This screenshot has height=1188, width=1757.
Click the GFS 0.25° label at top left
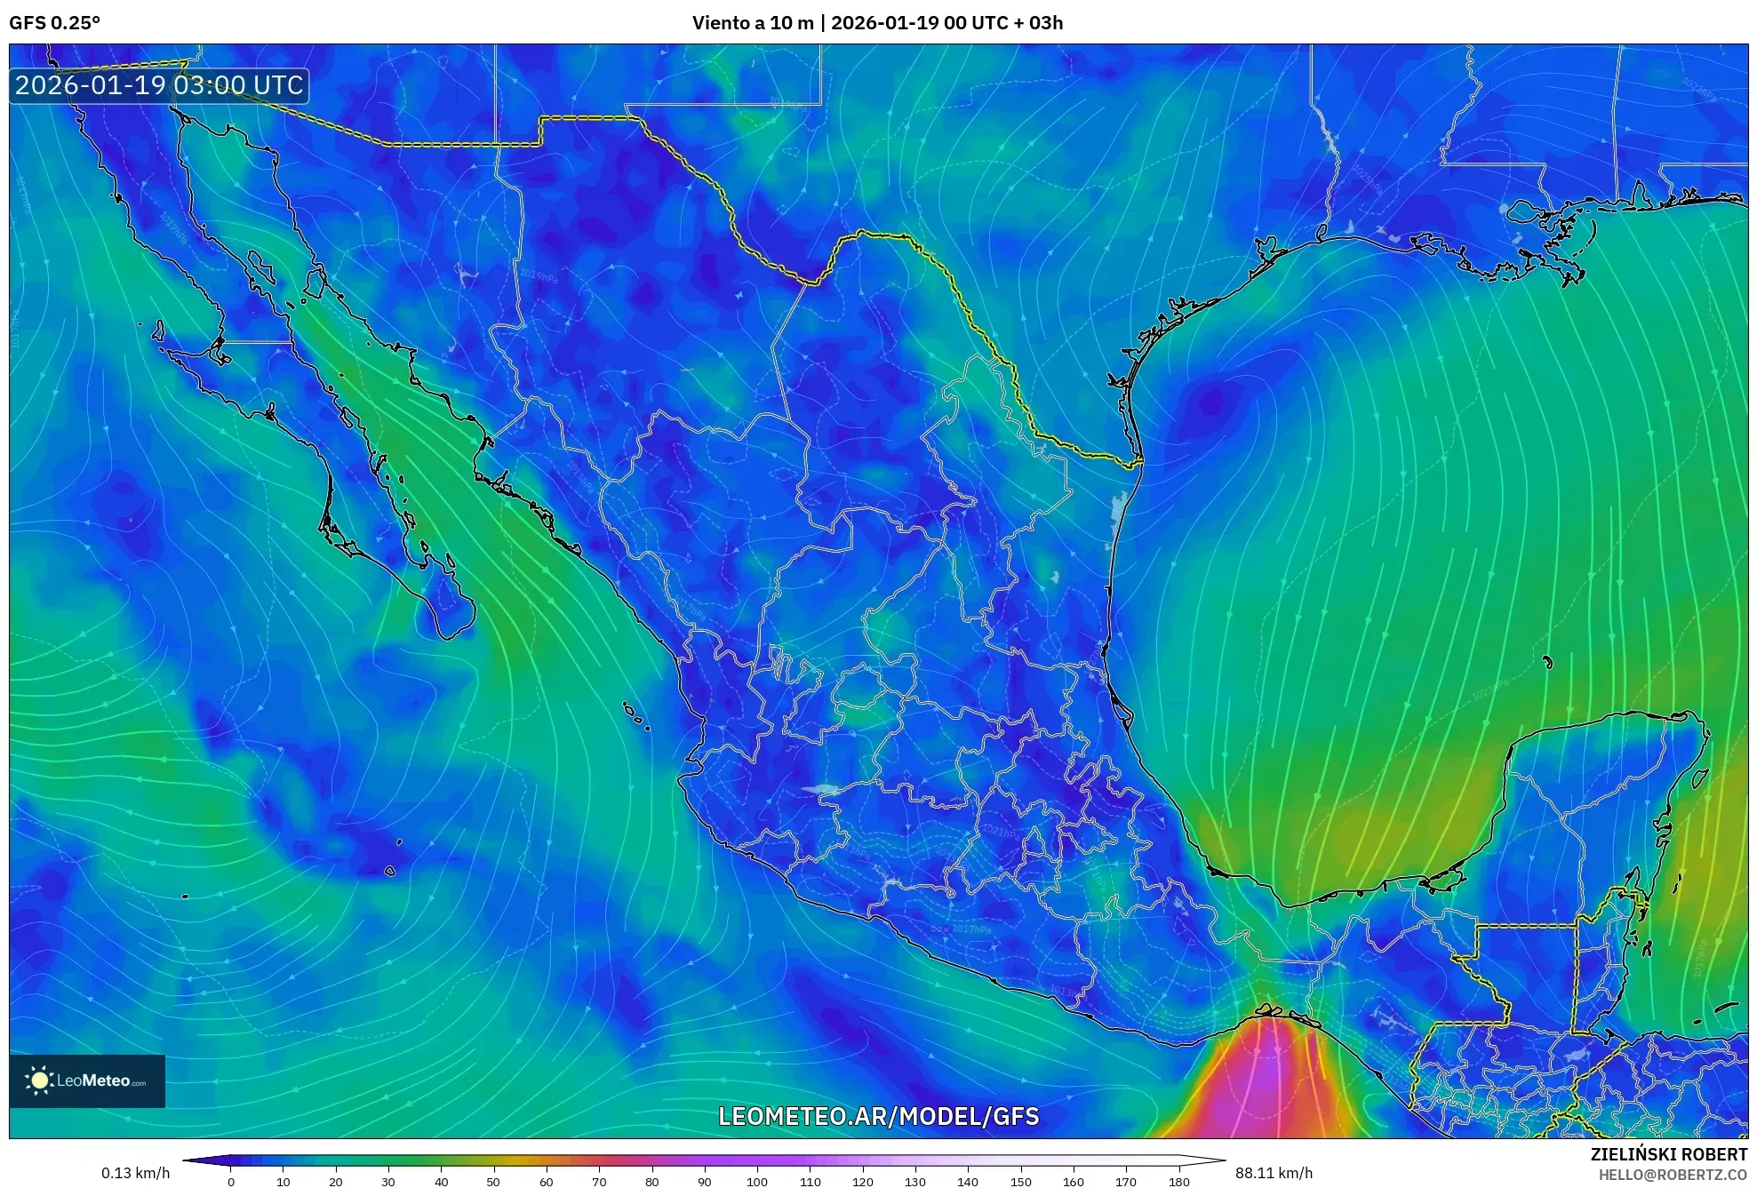click(x=54, y=23)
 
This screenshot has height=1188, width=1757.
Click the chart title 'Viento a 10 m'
click(x=753, y=23)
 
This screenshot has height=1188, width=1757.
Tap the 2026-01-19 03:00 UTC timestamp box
click(x=159, y=85)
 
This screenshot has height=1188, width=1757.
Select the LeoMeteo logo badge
click(x=87, y=1080)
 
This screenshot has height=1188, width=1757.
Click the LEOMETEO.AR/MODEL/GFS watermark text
click(x=878, y=1116)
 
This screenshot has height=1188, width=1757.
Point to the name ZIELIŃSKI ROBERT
click(x=1668, y=1154)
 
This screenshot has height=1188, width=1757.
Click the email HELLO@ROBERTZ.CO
click(x=1673, y=1175)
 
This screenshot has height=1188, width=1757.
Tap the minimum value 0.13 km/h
click(x=135, y=1173)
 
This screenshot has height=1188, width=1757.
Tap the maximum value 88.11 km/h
click(x=1274, y=1173)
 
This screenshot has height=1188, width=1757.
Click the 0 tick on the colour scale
click(x=231, y=1181)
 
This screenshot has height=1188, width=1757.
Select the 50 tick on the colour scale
click(x=493, y=1181)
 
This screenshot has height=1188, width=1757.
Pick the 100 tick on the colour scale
click(x=756, y=1181)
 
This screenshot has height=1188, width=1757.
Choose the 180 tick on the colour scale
click(x=1178, y=1181)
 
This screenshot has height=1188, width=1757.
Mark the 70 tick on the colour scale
click(x=599, y=1181)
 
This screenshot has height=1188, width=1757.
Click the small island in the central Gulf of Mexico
click(x=1547, y=662)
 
